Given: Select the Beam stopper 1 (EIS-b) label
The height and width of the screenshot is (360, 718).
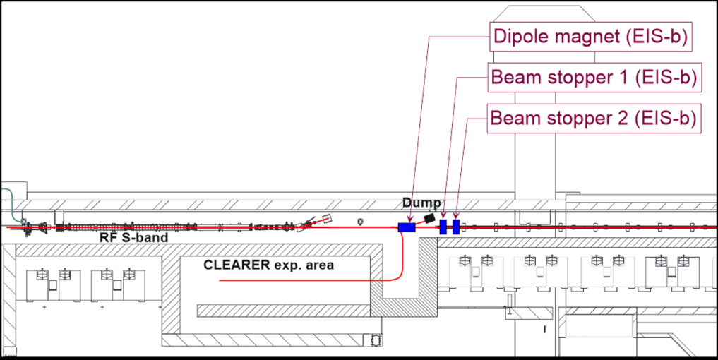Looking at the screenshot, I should (594, 77).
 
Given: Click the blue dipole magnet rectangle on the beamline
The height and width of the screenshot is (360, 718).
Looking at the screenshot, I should (407, 227).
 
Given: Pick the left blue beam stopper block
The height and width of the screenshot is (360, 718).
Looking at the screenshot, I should (443, 227).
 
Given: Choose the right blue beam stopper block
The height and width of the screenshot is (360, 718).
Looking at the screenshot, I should (456, 227).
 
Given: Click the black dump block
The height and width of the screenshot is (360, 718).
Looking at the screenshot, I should (429, 217).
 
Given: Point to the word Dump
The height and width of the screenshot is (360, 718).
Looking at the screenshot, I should (421, 203).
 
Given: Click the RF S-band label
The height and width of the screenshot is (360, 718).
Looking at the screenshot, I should (134, 239).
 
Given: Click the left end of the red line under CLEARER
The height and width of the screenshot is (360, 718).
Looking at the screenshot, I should (220, 280).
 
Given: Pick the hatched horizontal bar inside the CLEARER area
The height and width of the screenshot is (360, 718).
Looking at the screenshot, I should (282, 310).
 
